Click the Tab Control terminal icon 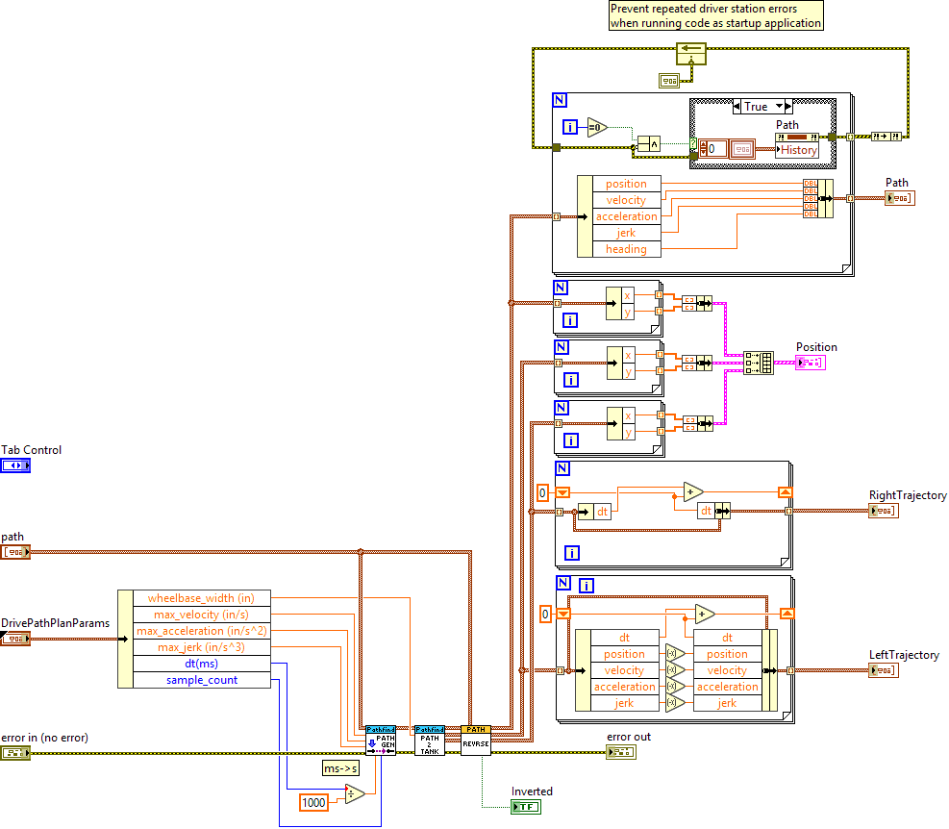pyautogui.click(x=15, y=465)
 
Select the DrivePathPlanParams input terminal pyautogui.click(x=15, y=639)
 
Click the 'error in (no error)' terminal pyautogui.click(x=15, y=753)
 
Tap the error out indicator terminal pyautogui.click(x=620, y=751)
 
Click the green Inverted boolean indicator pyautogui.click(x=526, y=807)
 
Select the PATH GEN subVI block pyautogui.click(x=381, y=740)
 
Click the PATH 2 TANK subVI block pyautogui.click(x=430, y=740)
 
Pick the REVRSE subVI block pyautogui.click(x=476, y=740)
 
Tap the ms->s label pyautogui.click(x=340, y=767)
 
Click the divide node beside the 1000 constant pyautogui.click(x=354, y=795)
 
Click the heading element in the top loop pyautogui.click(x=626, y=249)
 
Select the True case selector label pyautogui.click(x=757, y=107)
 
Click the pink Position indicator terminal pyautogui.click(x=810, y=363)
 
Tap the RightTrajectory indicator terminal pyautogui.click(x=883, y=511)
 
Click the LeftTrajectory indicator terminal pyautogui.click(x=883, y=670)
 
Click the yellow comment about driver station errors pyautogui.click(x=716, y=16)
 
